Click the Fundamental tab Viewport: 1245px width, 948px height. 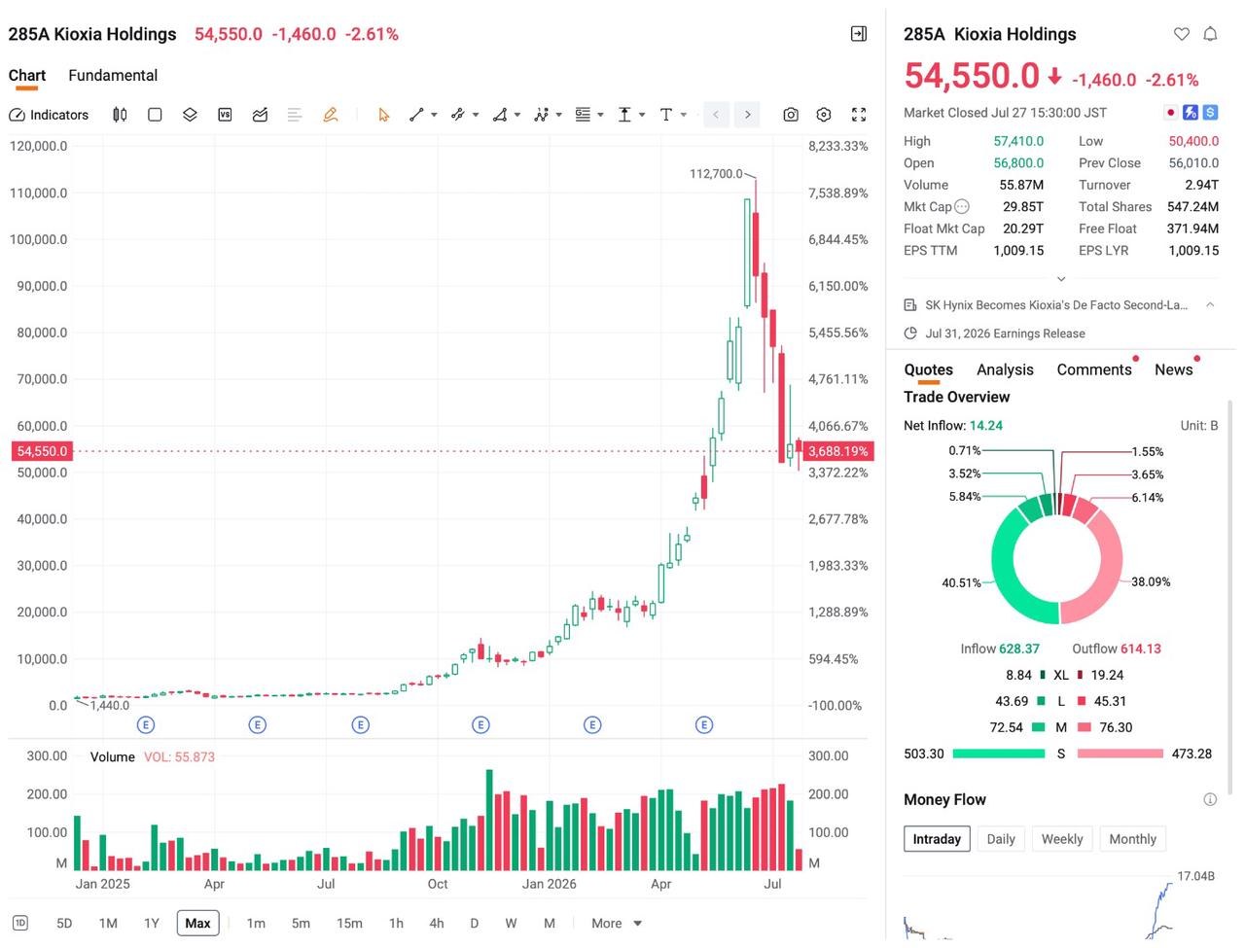tap(113, 76)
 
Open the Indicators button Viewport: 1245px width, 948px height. tap(49, 115)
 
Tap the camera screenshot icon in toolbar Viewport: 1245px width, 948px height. tap(790, 115)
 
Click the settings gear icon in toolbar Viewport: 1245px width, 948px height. tap(823, 115)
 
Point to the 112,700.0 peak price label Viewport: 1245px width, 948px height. tap(715, 173)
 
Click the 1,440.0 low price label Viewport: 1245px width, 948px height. tap(110, 705)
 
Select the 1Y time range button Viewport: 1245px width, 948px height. tap(152, 923)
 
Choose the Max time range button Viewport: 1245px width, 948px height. tap(198, 923)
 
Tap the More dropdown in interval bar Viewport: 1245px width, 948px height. tap(617, 923)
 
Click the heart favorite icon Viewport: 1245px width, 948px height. tap(1181, 35)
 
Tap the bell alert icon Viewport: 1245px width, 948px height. tap(1210, 35)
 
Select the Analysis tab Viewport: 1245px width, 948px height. tap(1005, 369)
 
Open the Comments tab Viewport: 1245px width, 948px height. tap(1093, 369)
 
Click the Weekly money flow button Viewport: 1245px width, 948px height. tap(1062, 838)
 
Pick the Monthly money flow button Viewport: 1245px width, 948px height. tap(1132, 838)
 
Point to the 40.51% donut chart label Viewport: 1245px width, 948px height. tap(961, 582)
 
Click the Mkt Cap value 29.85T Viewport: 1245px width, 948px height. tap(1022, 207)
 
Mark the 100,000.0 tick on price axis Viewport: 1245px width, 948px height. tap(38, 239)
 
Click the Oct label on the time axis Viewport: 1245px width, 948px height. tap(438, 884)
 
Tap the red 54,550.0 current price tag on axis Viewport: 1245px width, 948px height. tap(42, 451)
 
